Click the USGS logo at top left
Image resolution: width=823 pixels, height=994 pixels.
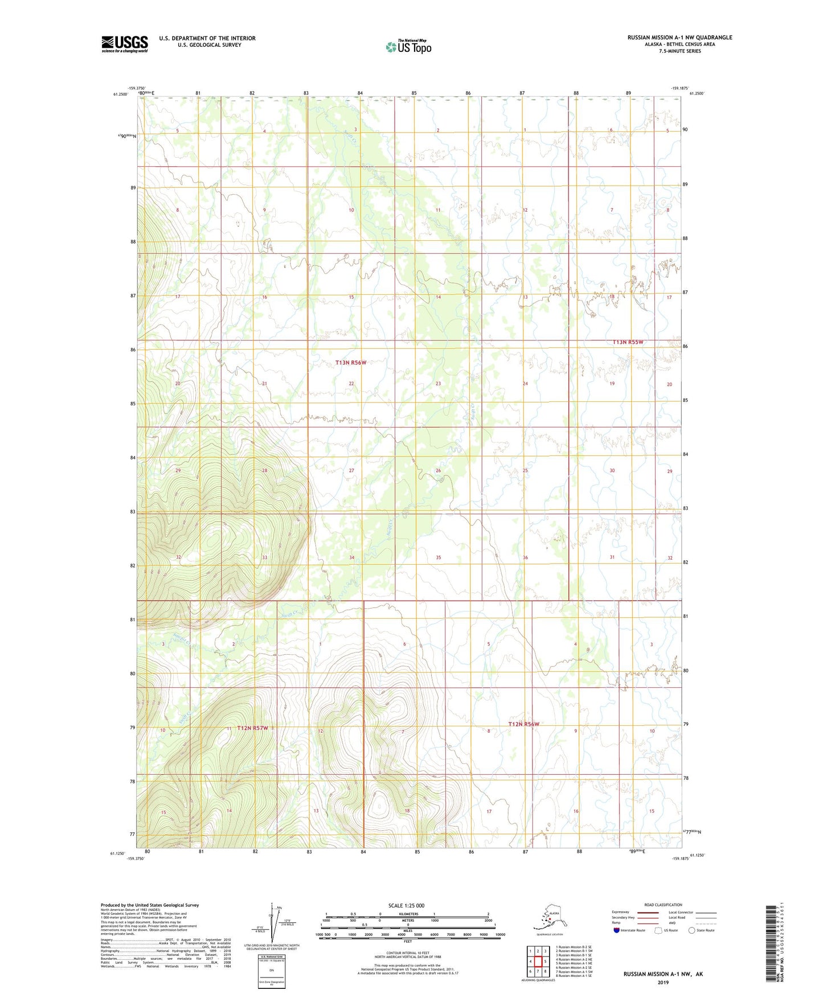click(x=125, y=44)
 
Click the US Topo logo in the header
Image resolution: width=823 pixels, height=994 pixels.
click(x=408, y=47)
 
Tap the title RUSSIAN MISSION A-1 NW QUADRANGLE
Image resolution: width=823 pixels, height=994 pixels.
click(x=679, y=38)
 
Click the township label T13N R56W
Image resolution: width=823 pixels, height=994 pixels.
click(x=350, y=363)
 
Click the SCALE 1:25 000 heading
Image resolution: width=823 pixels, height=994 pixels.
click(x=406, y=906)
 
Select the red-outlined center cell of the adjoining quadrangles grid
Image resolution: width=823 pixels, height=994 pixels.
click(x=538, y=962)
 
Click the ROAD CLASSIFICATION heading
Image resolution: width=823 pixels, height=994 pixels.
click(x=663, y=905)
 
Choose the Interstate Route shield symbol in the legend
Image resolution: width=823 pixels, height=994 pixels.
click(x=617, y=930)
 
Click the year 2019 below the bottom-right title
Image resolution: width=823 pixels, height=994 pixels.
click(x=663, y=982)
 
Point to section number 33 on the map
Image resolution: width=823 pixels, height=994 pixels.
click(x=264, y=557)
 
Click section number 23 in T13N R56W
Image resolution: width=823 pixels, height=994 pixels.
click(x=438, y=384)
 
